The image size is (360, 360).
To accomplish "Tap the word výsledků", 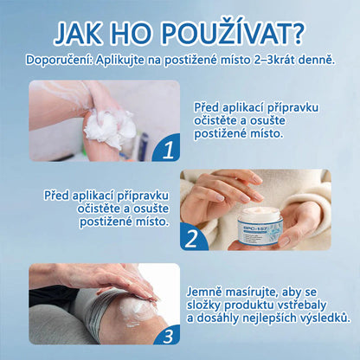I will [x=319, y=318].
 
